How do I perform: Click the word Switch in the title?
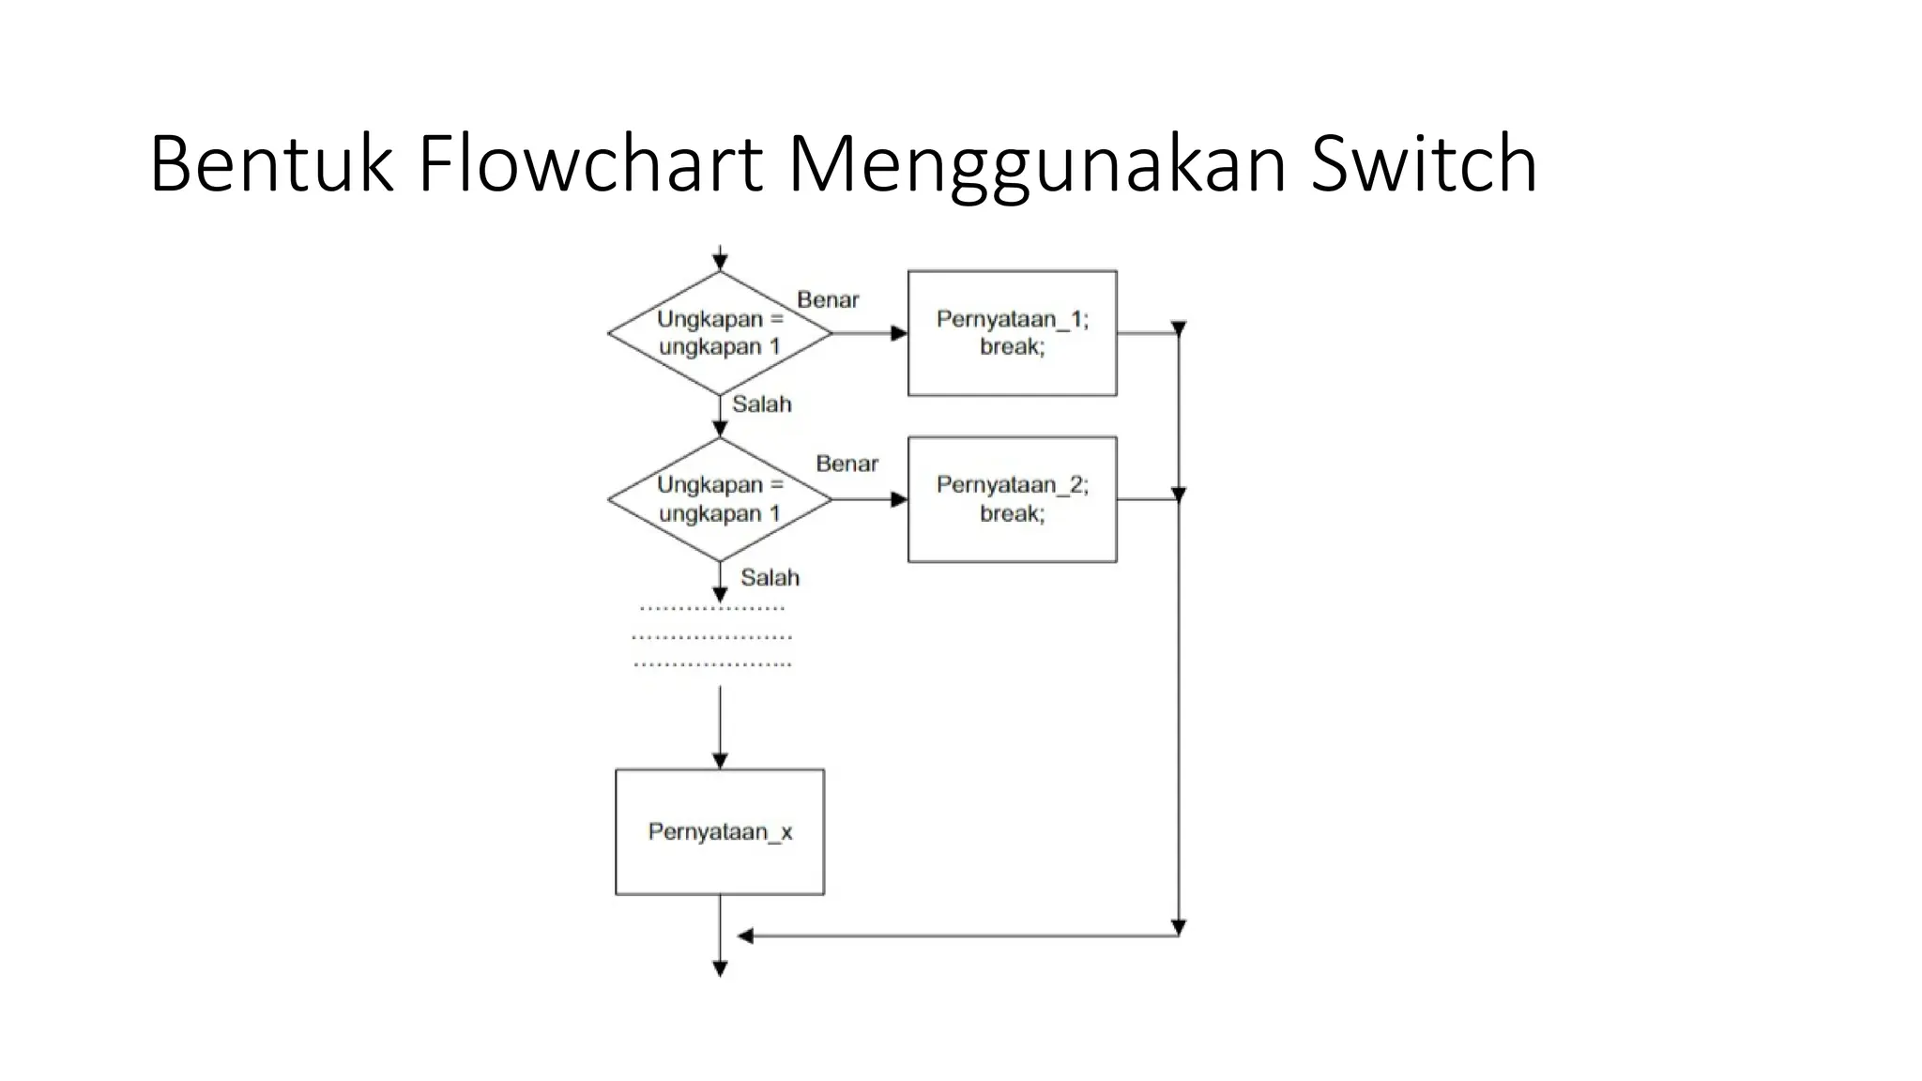[x=1424, y=164]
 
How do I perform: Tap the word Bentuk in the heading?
[x=270, y=164]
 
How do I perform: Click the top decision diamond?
[x=720, y=333]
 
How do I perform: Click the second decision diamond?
[x=720, y=499]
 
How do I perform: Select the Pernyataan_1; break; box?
[x=1012, y=333]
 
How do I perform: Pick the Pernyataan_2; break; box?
[x=1012, y=499]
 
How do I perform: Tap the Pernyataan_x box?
[x=720, y=831]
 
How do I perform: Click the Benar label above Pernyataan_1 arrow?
[x=828, y=300]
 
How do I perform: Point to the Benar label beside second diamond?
[x=847, y=464]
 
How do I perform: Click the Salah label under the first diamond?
[x=761, y=404]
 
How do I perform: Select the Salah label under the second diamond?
[x=770, y=577]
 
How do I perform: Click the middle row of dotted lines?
[x=712, y=637]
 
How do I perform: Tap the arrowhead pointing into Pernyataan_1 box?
[x=899, y=333]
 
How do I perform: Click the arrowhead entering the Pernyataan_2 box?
[x=899, y=499]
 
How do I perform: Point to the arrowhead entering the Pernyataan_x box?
[x=720, y=761]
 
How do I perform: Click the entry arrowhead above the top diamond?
[x=720, y=264]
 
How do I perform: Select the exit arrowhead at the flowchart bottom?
[x=720, y=969]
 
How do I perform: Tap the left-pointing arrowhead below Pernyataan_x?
[x=745, y=936]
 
